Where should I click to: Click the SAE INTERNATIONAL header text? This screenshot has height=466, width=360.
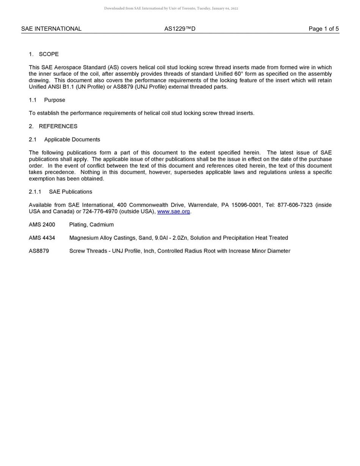[51, 29]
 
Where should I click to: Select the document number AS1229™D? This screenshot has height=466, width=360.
[180, 29]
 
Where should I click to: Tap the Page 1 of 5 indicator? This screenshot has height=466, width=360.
[324, 29]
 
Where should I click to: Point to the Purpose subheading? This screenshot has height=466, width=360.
[55, 100]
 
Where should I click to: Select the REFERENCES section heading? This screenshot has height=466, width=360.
[58, 126]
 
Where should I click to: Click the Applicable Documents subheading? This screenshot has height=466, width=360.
[72, 139]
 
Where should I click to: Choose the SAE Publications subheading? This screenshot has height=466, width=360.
[70, 192]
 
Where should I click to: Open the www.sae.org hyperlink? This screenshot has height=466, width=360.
[173, 211]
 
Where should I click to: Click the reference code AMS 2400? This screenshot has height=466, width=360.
[42, 225]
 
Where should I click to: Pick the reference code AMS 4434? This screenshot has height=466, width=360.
[42, 238]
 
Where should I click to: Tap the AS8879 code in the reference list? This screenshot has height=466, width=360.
[39, 251]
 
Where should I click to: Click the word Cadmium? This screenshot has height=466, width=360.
[102, 225]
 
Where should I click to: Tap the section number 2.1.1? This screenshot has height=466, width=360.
[35, 192]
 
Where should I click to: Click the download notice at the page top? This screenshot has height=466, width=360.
[171, 8]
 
